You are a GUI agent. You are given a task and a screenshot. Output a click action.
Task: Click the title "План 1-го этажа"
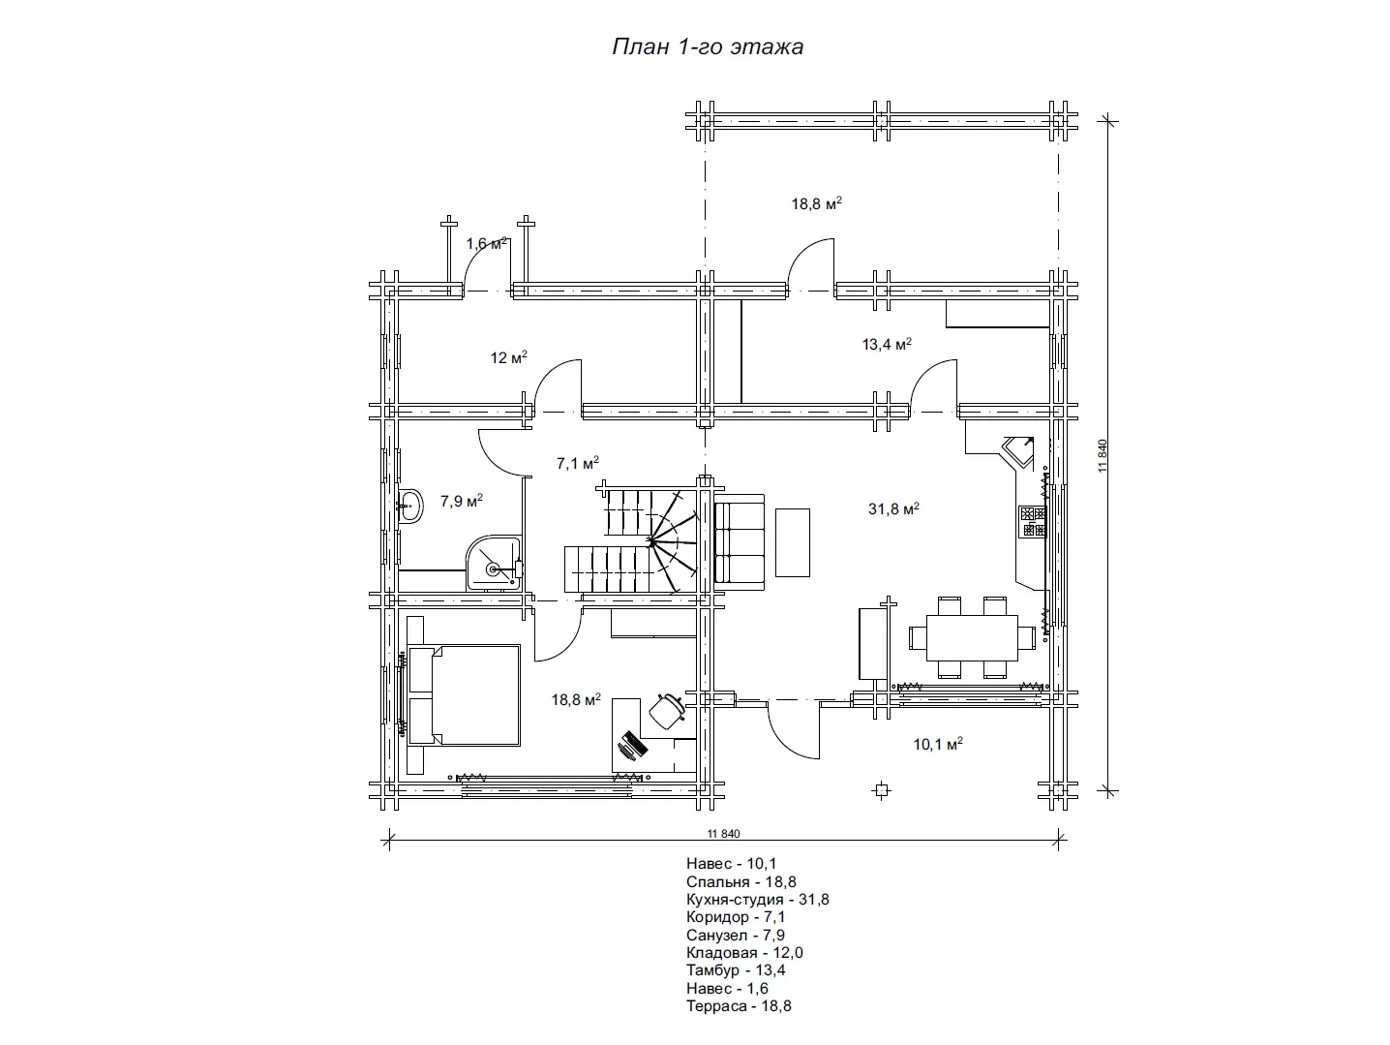pos(707,46)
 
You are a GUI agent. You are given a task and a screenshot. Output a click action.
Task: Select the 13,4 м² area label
pos(887,344)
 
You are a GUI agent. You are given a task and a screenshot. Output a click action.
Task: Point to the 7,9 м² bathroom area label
pos(462,502)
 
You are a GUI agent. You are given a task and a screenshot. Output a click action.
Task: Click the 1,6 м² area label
pos(487,244)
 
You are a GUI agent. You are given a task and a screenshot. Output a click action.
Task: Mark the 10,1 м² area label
pos(937,745)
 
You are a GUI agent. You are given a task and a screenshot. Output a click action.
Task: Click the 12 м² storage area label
pos(508,358)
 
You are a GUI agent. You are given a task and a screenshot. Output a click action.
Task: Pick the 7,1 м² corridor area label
pos(577,464)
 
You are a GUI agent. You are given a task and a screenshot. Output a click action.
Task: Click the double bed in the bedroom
pos(465,695)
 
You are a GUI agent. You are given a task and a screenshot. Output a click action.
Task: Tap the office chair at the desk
pos(666,709)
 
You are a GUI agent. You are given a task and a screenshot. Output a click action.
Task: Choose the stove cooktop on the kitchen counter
pos(1032,521)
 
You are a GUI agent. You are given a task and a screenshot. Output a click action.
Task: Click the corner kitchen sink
pos(1019,450)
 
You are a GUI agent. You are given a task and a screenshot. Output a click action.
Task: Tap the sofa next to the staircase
pos(740,538)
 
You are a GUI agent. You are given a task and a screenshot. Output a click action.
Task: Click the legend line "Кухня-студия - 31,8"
pos(757,900)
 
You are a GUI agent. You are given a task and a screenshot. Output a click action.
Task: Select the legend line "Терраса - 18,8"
pos(739,1006)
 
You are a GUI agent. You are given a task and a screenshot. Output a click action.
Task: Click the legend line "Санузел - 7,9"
pos(735,936)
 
